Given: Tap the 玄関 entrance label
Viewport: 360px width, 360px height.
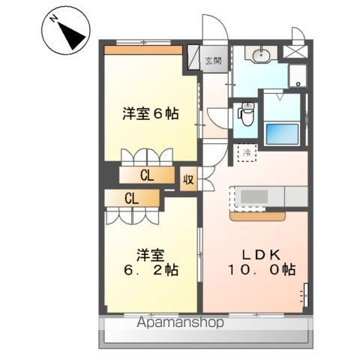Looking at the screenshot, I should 214,61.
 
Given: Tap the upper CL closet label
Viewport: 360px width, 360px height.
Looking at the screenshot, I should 148,175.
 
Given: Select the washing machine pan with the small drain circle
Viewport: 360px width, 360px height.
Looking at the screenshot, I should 298,75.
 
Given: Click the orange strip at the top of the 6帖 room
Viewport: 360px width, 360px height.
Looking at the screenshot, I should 142,50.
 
